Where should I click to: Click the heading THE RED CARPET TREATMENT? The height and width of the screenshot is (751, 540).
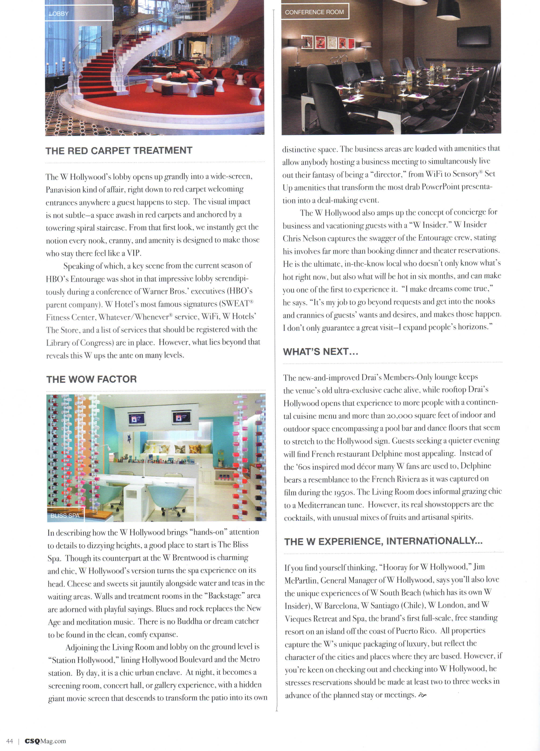click(x=119, y=151)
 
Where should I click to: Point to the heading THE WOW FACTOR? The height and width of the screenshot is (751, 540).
click(x=91, y=379)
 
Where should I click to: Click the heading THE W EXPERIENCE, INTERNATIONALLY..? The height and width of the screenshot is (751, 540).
click(x=383, y=541)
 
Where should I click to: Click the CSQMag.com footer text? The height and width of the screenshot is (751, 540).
click(x=45, y=741)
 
